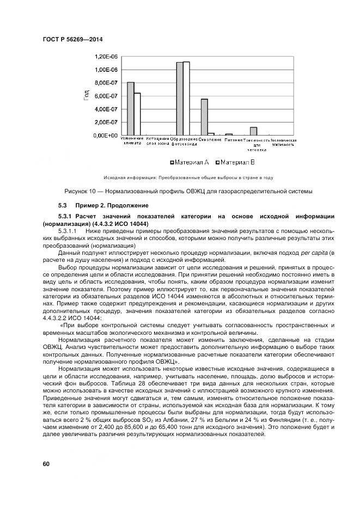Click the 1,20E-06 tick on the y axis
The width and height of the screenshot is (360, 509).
click(107, 57)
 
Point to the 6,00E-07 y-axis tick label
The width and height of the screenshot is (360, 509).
click(107, 96)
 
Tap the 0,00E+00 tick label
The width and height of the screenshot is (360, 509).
click(107, 135)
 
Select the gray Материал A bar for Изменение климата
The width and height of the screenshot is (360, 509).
click(131, 108)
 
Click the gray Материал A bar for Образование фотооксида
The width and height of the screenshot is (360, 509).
click(180, 99)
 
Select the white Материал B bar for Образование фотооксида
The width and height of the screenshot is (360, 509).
click(186, 98)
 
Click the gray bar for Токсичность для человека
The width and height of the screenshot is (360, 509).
click(253, 131)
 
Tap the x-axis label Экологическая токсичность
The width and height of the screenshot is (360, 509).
click(283, 143)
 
